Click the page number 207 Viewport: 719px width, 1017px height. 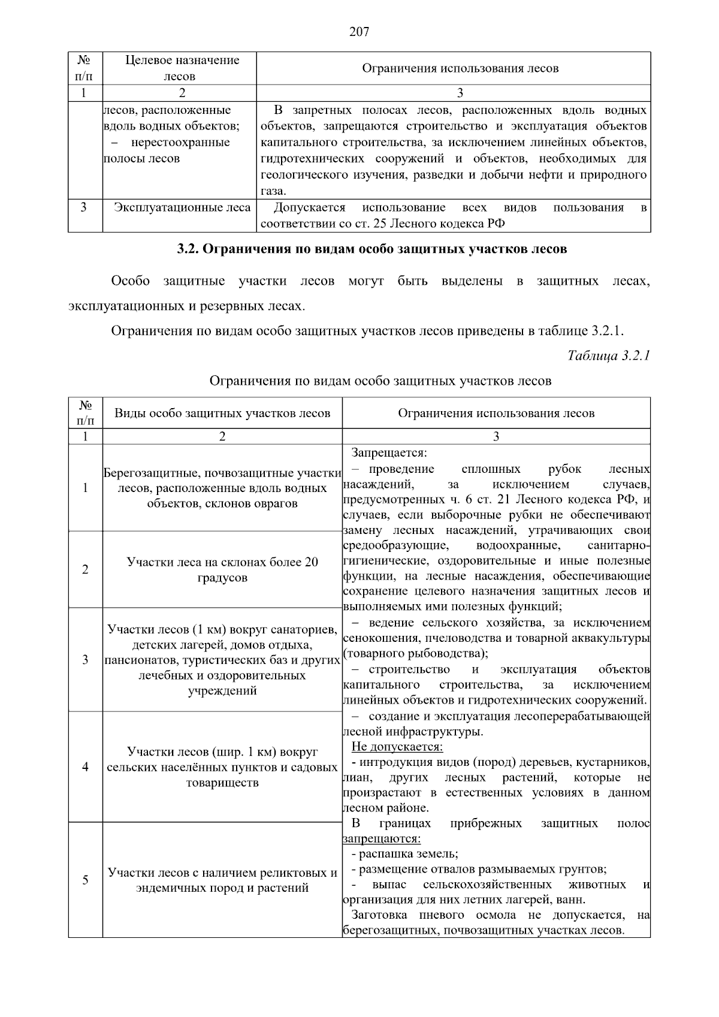click(359, 32)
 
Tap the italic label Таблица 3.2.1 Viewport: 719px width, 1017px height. click(608, 356)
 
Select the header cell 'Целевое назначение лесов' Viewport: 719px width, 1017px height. click(182, 68)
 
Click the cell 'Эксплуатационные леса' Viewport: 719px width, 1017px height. click(182, 208)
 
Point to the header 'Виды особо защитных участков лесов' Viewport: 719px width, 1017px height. click(222, 414)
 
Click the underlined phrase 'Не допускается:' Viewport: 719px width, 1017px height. click(397, 747)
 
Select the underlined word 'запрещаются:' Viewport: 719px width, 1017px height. click(382, 838)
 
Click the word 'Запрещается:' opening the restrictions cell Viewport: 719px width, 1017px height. click(389, 452)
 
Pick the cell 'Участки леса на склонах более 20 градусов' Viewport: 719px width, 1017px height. click(222, 570)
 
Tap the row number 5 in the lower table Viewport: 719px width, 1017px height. click(85, 880)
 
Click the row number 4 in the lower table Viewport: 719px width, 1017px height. click(85, 767)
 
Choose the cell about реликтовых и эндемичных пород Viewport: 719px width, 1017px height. click(222, 880)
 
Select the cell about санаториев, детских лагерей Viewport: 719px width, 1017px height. click(222, 660)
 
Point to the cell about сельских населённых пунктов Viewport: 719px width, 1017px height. click(222, 767)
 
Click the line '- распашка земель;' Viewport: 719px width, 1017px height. click(404, 853)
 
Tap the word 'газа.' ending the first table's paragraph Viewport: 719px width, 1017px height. click(274, 192)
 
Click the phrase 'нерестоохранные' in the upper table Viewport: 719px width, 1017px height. click(180, 143)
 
